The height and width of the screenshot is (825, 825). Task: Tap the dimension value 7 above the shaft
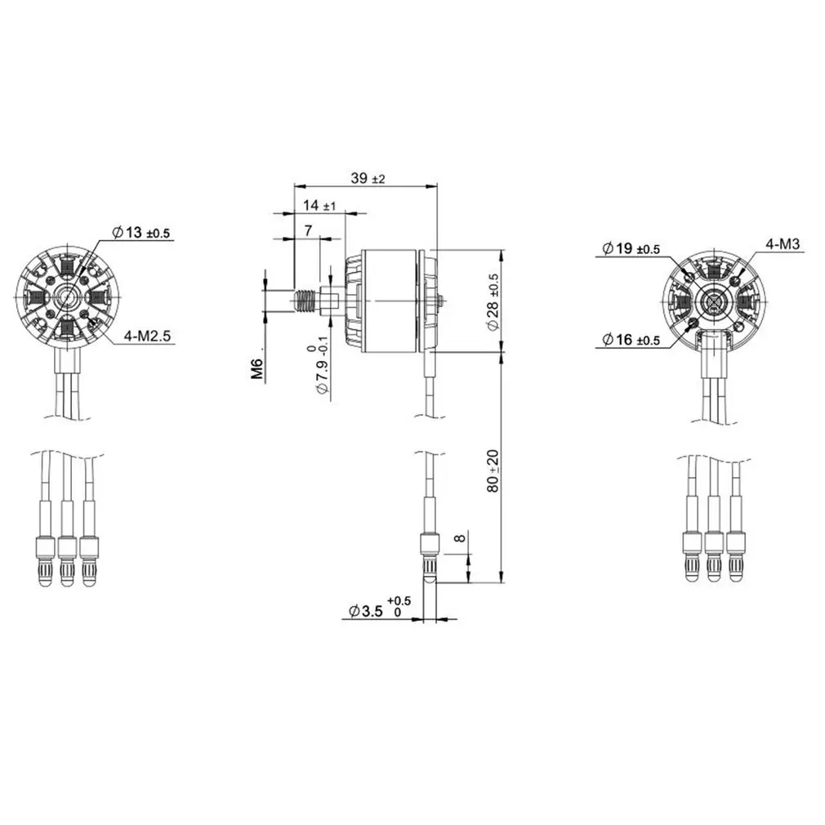pyautogui.click(x=308, y=231)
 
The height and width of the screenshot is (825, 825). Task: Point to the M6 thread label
pyautogui.click(x=257, y=369)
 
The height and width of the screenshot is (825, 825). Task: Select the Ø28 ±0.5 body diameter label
pyautogui.click(x=493, y=301)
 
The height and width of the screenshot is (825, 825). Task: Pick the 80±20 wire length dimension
pyautogui.click(x=493, y=469)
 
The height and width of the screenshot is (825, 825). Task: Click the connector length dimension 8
pyautogui.click(x=459, y=539)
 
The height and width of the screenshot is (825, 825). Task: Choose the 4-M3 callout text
pyautogui.click(x=781, y=243)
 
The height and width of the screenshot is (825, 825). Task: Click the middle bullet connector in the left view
pyautogui.click(x=67, y=557)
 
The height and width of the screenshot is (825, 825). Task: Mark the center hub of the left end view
pyautogui.click(x=68, y=296)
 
